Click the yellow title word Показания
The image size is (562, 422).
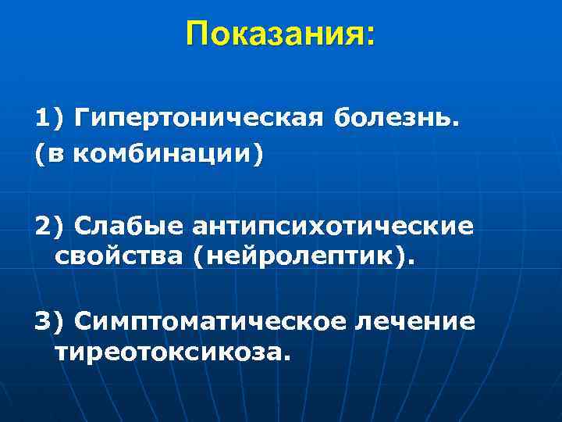(274, 34)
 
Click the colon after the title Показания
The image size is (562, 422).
(369, 35)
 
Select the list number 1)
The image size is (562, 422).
(49, 119)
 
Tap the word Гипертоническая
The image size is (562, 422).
(199, 119)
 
